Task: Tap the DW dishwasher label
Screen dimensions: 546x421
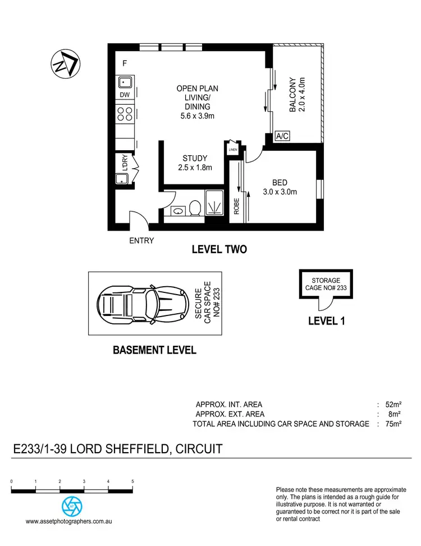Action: [x=125, y=95]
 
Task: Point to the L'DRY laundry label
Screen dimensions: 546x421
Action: [x=125, y=163]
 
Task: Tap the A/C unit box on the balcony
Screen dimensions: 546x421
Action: [x=281, y=137]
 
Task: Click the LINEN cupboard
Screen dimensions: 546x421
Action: [x=233, y=150]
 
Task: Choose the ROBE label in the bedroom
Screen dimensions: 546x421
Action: [x=236, y=206]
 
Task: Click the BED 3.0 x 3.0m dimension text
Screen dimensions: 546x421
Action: [x=280, y=192]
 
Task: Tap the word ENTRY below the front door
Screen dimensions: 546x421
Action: [x=141, y=241]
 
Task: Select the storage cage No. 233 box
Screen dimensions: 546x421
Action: [x=326, y=284]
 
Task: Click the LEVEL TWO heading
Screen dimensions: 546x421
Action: [x=219, y=249]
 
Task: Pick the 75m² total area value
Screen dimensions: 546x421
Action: [x=393, y=424]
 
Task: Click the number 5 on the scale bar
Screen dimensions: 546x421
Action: [x=132, y=482]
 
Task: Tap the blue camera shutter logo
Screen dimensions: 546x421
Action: [x=72, y=505]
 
